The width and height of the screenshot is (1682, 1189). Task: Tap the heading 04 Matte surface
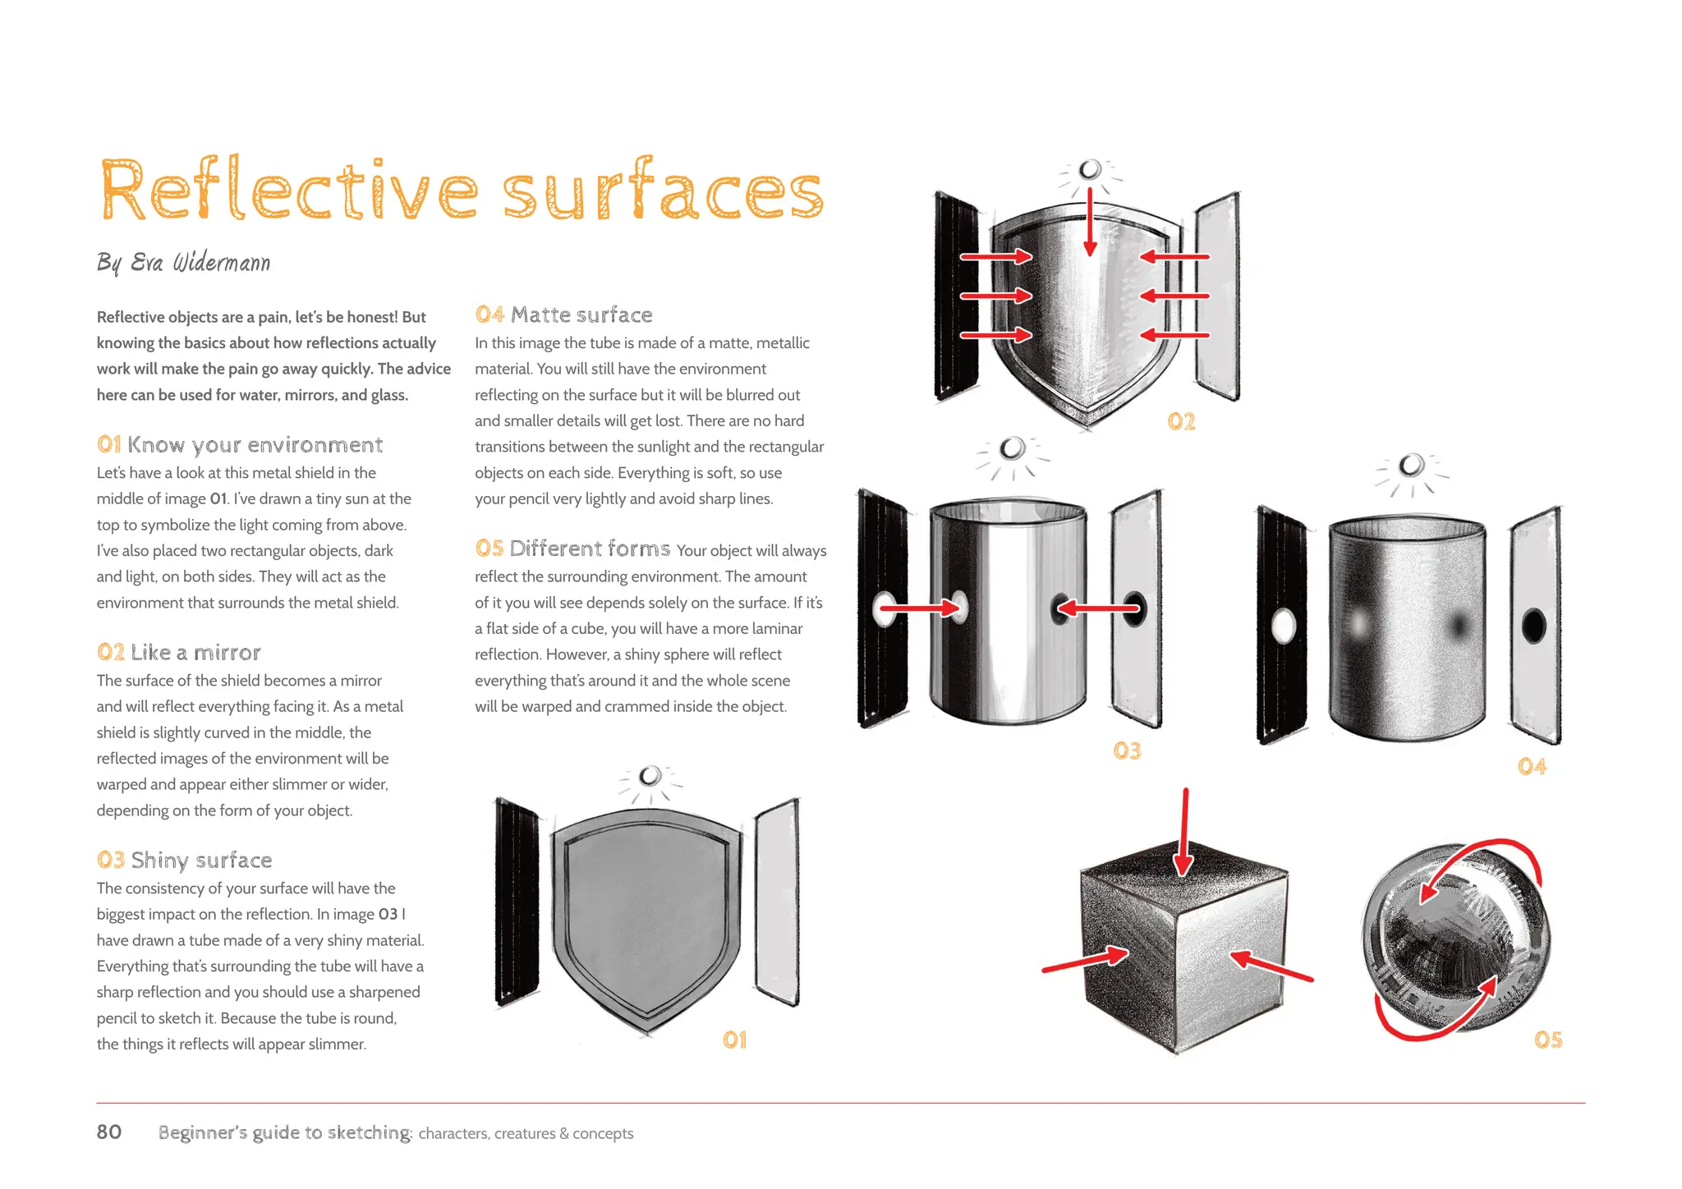[x=563, y=314]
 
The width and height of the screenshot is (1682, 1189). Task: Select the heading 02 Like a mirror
[x=179, y=653]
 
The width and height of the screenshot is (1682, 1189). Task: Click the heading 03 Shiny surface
[x=184, y=861]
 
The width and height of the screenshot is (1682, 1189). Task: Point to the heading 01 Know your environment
[x=240, y=445]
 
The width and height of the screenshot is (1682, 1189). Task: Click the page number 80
[x=109, y=1132]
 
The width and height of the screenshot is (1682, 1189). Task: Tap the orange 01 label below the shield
[x=734, y=1040]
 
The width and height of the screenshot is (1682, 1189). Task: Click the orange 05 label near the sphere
[x=1548, y=1040]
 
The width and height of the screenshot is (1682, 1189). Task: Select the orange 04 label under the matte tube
[x=1532, y=767]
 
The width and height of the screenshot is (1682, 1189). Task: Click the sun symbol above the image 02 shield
[x=1090, y=170]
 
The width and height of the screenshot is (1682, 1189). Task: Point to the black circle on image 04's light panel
[x=1533, y=627]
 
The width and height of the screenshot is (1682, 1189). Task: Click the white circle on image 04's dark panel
[x=1283, y=627]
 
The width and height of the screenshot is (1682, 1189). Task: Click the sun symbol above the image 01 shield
[x=650, y=776]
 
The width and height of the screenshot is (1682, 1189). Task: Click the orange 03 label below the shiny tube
[x=1127, y=751]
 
